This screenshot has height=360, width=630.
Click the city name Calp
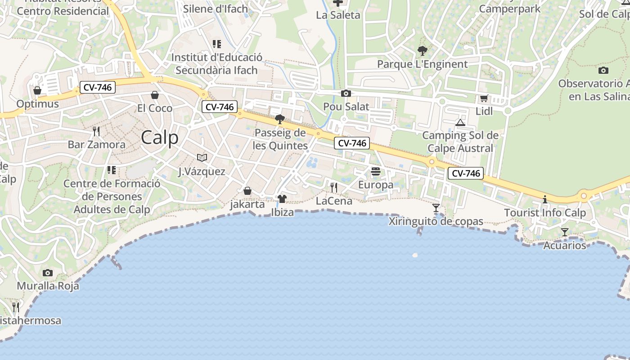point(160,138)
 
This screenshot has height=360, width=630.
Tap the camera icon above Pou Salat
point(346,94)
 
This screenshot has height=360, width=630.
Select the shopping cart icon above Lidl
point(484,98)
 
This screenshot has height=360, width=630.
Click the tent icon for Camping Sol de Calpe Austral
point(460,122)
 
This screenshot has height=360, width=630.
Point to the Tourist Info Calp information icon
point(545,199)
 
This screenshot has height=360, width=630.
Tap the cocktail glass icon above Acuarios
point(565,232)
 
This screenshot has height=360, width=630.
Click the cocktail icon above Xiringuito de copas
point(436,208)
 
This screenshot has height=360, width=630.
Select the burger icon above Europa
point(376,171)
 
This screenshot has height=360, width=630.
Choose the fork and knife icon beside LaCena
point(334,188)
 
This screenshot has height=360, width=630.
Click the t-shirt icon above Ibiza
point(282,199)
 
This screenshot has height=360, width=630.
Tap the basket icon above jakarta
point(247,191)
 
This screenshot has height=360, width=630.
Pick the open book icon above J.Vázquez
point(202,157)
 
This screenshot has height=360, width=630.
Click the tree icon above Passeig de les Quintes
point(280,119)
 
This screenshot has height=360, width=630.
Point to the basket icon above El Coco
point(155,95)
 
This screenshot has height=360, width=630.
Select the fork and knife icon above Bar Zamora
point(96,131)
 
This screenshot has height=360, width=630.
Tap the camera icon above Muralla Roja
point(48,273)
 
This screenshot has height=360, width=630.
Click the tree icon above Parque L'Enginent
point(422,51)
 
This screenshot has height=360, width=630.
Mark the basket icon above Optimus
point(37,90)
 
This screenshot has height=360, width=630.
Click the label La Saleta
point(338,15)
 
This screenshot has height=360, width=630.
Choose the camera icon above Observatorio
point(603,70)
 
